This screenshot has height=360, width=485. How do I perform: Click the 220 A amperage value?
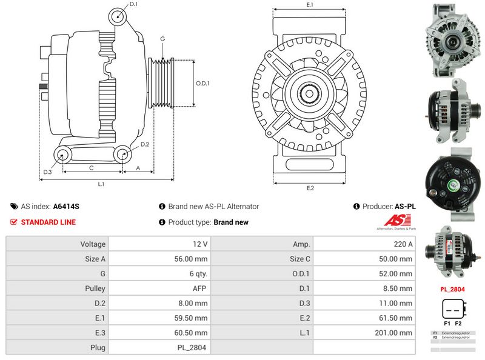tap(403, 244)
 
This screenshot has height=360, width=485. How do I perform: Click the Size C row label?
tap(300, 259)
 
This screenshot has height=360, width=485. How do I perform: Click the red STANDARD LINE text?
tap(48, 222)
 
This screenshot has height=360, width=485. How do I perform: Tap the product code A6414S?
tap(66, 207)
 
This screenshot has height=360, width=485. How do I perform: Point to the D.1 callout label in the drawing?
tap(134, 4)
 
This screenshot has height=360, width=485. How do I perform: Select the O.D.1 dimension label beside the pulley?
tap(202, 84)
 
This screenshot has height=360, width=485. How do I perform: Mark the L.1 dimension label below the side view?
tap(101, 184)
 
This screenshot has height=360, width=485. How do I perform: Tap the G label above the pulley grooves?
tap(162, 39)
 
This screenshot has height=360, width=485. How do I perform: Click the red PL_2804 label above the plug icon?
tap(452, 289)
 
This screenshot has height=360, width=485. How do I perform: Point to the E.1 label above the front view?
tap(310, 5)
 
